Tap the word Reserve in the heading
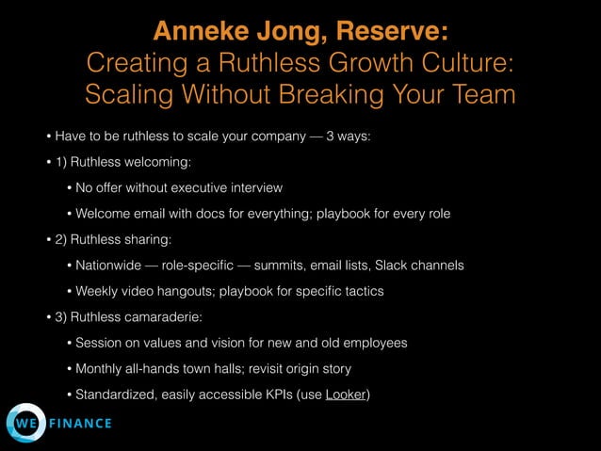(x=386, y=31)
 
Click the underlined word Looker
(x=345, y=394)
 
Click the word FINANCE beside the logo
(x=81, y=424)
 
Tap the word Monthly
(x=102, y=368)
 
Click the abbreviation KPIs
(x=268, y=394)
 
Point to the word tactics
(x=359, y=291)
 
